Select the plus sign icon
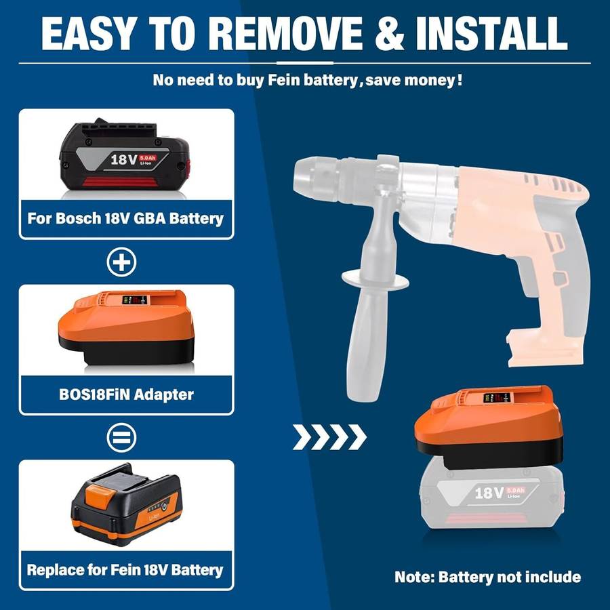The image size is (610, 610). tap(122, 262)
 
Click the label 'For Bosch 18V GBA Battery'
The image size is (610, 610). tap(125, 219)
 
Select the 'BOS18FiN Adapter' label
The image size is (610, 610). tap(125, 394)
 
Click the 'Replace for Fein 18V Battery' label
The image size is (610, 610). tap(125, 569)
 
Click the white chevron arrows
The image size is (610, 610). tap(329, 437)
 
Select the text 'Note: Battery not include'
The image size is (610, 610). tap(487, 577)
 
